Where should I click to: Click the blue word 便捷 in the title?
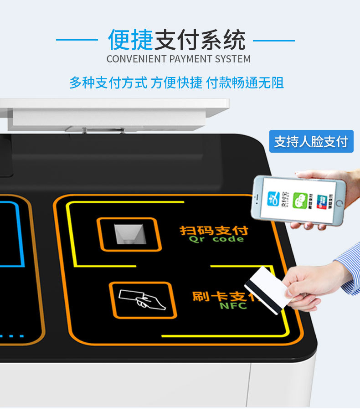tap(131, 40)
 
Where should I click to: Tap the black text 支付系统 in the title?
tap(201, 40)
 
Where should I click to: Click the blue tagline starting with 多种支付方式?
tap(177, 82)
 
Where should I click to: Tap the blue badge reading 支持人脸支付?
tap(311, 141)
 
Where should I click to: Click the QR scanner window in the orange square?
tap(129, 234)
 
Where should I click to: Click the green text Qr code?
tap(216, 239)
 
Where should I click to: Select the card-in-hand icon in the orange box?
tap(143, 299)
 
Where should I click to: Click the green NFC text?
tap(233, 306)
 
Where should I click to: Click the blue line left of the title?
tap(77, 40)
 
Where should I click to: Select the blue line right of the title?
tap(273, 40)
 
